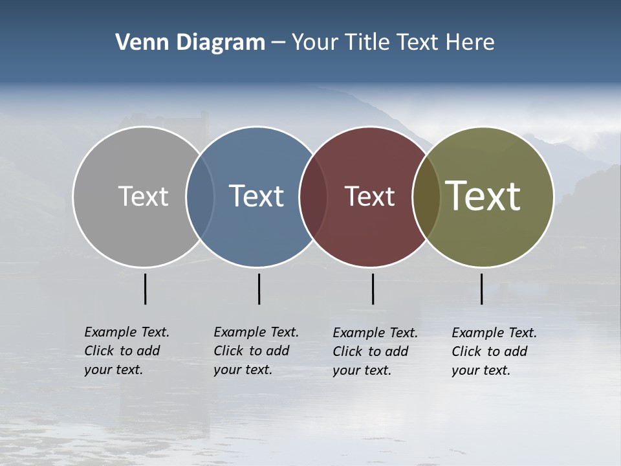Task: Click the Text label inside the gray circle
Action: (143, 196)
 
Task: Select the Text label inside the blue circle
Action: (256, 196)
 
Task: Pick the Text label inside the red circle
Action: (369, 196)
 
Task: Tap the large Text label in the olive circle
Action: (483, 196)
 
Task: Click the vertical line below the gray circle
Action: (145, 289)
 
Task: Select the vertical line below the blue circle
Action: (259, 289)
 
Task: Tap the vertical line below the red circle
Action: (373, 289)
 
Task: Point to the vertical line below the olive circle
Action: (481, 289)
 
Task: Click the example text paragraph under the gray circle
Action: (127, 351)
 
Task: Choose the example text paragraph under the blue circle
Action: (256, 351)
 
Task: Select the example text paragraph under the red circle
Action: (375, 351)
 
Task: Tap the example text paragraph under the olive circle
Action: (494, 351)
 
